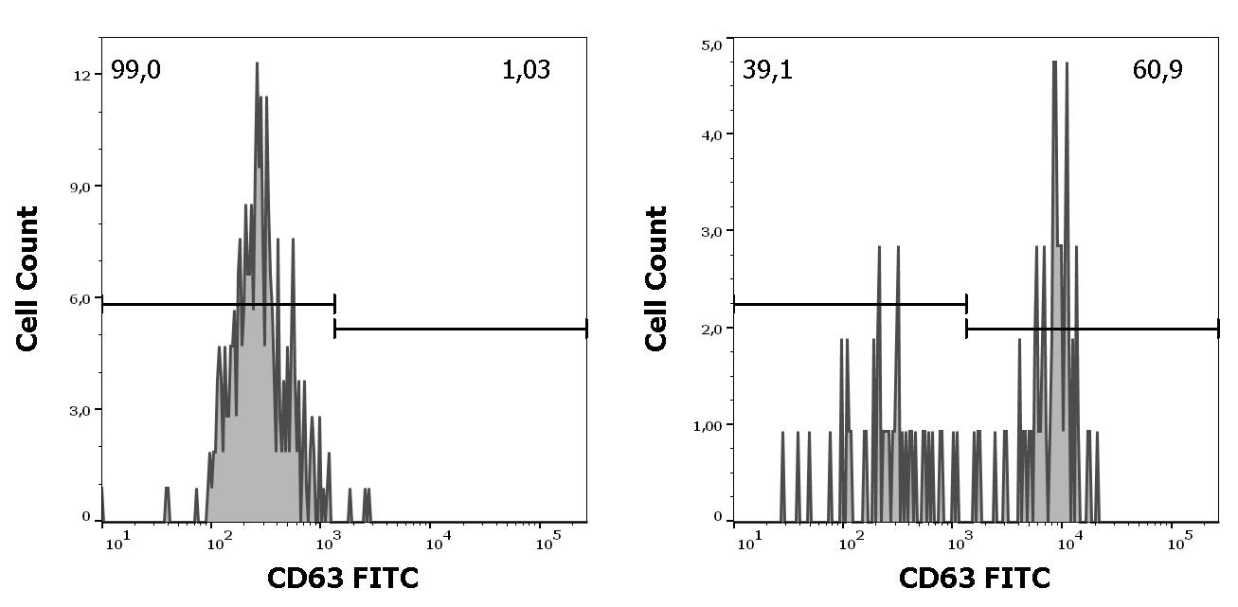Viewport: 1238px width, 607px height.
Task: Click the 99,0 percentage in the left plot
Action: coord(135,70)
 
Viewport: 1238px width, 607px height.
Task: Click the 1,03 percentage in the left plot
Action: coord(526,70)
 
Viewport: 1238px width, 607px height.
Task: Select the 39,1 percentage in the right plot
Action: coord(767,70)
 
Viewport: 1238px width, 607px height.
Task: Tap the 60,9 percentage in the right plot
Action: coord(1157,70)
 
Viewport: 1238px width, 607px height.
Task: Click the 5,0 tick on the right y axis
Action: coord(709,44)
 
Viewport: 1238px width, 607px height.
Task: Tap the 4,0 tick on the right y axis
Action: coord(709,134)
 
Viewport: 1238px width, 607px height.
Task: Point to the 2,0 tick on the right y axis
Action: coord(709,329)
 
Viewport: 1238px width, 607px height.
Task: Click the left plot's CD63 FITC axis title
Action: coord(342,578)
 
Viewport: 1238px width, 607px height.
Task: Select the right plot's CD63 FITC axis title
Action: coord(974,578)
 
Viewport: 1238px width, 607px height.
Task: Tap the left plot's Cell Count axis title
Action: coord(28,278)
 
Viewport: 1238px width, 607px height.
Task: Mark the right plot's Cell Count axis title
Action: coord(657,278)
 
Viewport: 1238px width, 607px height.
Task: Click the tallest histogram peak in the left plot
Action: coord(257,64)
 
